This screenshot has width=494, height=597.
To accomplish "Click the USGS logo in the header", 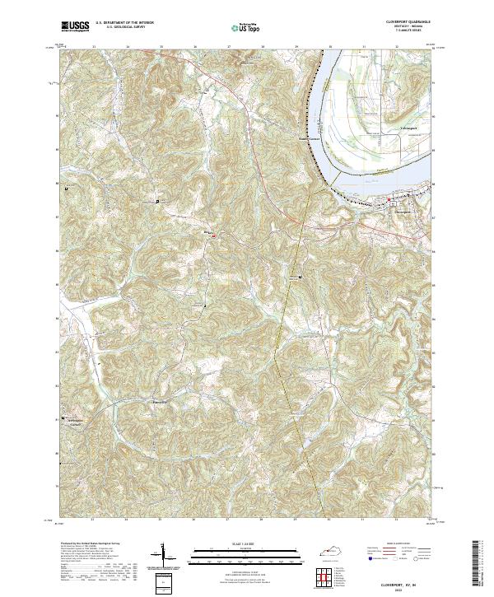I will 75,26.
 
